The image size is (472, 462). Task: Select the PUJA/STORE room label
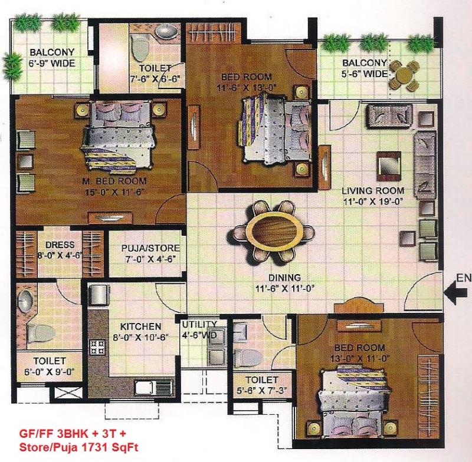[x=151, y=248]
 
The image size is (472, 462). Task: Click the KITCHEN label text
[x=140, y=326]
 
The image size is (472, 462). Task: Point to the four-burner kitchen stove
[x=97, y=346]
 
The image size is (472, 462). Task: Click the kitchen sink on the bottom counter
[x=153, y=387]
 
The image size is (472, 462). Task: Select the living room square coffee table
[x=389, y=167]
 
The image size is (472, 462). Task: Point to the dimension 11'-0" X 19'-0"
[x=373, y=202]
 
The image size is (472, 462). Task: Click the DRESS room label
[x=60, y=245]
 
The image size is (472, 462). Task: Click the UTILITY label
[x=199, y=324]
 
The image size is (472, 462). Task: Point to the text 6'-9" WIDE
[x=52, y=63]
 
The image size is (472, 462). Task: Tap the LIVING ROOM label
[x=373, y=191]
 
